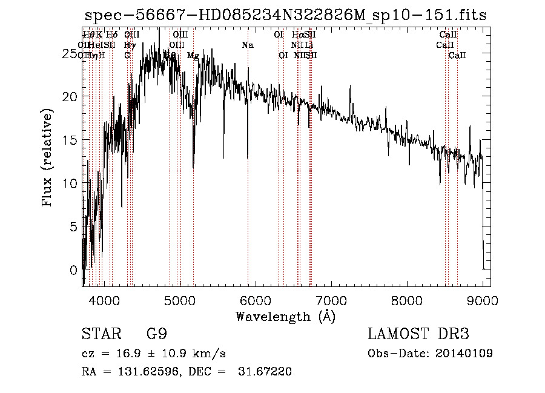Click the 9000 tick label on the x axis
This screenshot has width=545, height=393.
pos(482,300)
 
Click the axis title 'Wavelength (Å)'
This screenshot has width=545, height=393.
pos(285,316)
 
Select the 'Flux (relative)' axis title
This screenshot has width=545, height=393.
pos(47,157)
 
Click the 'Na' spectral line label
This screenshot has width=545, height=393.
pos(247,45)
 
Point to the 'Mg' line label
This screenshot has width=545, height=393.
pos(193,56)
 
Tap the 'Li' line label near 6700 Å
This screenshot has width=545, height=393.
pos(309,45)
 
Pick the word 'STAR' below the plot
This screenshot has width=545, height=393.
pos(98,334)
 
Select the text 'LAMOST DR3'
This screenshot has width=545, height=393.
pos(418,334)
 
